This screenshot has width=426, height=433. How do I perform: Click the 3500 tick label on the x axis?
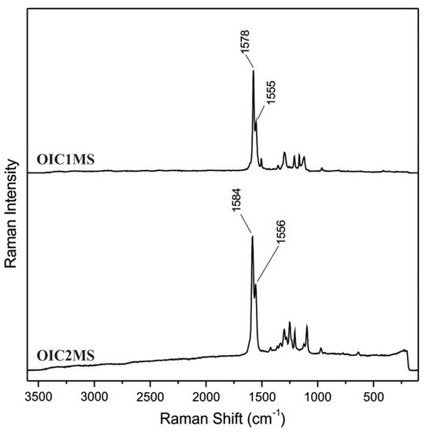tap(39, 397)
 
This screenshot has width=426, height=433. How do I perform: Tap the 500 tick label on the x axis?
tap(373, 397)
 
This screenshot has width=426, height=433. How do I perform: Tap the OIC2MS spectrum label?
tap(66, 356)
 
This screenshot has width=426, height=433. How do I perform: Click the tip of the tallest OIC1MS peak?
tap(253, 71)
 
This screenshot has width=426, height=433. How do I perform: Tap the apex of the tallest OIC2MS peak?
tap(252, 236)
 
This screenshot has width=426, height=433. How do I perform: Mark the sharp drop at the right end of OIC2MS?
tap(408, 360)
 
